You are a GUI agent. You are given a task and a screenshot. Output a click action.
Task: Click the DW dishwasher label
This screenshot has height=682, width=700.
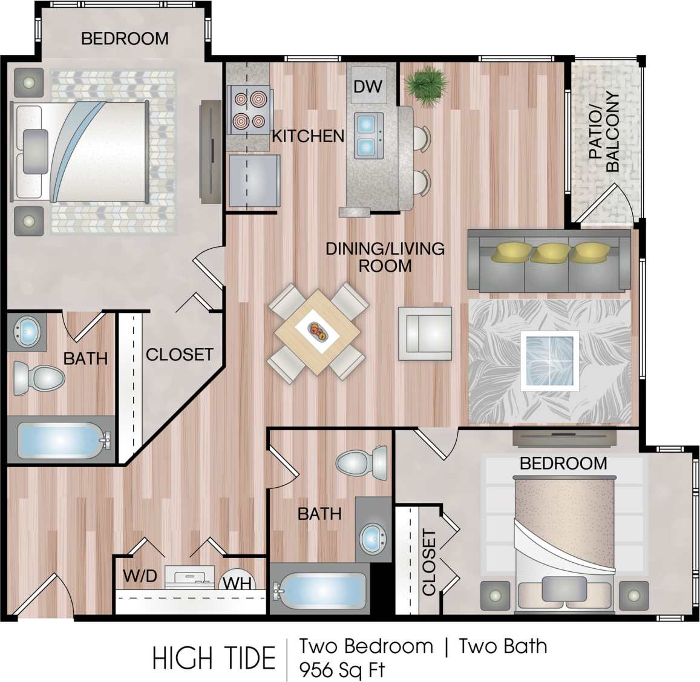(x=368, y=86)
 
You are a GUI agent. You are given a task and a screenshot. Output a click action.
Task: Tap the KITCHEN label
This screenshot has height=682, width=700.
(x=308, y=136)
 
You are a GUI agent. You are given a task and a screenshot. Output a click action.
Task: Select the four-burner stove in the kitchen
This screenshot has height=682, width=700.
(x=249, y=110)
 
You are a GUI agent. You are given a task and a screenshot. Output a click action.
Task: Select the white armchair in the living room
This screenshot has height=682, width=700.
(x=425, y=333)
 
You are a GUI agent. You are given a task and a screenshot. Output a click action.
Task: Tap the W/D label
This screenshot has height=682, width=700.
(x=140, y=576)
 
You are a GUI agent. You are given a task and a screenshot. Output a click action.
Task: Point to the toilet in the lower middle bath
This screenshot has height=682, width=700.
(x=362, y=464)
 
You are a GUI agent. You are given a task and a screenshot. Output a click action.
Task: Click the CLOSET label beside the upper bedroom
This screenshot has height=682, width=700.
(x=180, y=354)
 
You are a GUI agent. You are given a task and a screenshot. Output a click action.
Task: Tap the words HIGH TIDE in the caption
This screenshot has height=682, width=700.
(x=214, y=658)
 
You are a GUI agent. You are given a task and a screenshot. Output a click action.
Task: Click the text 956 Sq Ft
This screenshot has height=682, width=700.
(x=342, y=670)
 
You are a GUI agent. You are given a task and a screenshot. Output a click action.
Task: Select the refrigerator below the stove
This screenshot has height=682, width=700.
(x=254, y=180)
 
